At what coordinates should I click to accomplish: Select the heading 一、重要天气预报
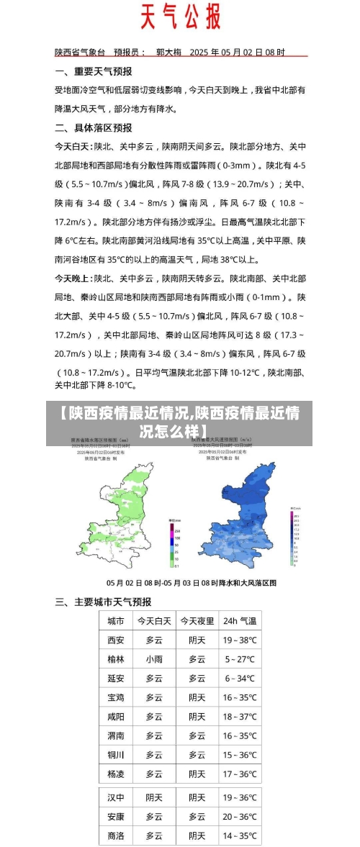(x=94, y=71)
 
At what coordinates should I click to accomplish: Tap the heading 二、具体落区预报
(x=94, y=127)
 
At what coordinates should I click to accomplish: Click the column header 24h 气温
(x=239, y=620)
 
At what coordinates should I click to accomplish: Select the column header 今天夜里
(x=197, y=620)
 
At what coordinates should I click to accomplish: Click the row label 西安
(x=115, y=640)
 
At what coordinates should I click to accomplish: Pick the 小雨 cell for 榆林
(x=154, y=659)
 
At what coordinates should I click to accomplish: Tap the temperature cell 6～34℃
(x=239, y=678)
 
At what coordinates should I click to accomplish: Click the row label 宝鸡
(x=115, y=697)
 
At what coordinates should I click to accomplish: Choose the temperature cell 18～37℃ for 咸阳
(x=239, y=717)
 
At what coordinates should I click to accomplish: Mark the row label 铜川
(x=115, y=755)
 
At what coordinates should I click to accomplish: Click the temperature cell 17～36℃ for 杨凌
(x=239, y=774)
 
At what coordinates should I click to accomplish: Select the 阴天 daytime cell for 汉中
(x=154, y=797)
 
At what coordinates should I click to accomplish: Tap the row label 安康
(x=115, y=817)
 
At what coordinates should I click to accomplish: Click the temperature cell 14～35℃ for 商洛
(x=239, y=836)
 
